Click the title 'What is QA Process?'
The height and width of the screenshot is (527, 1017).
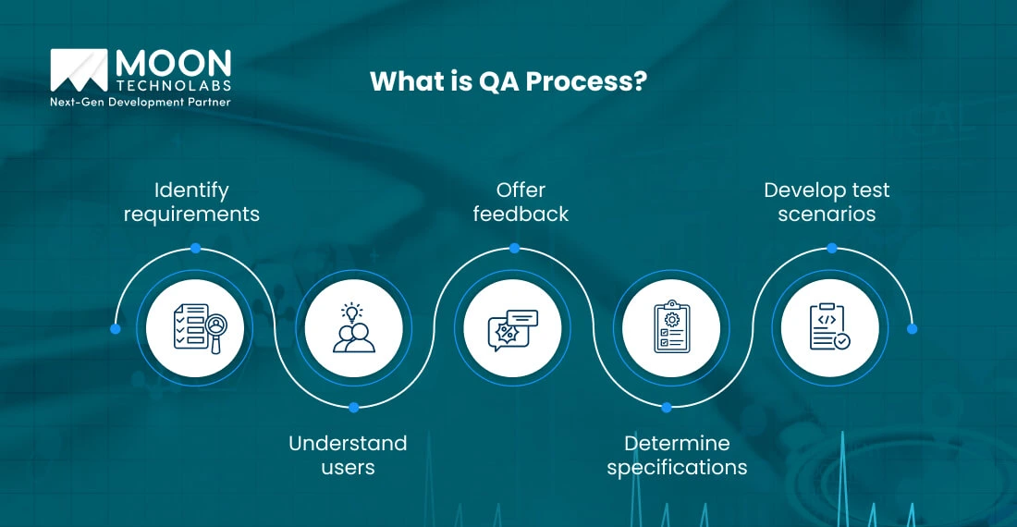(x=508, y=80)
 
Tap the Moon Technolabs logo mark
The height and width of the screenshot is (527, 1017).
(x=79, y=72)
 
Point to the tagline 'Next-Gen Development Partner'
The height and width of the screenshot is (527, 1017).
(x=140, y=102)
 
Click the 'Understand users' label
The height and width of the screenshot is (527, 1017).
(x=348, y=455)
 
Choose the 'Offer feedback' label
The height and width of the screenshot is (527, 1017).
(x=521, y=202)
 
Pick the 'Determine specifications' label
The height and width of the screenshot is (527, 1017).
(x=677, y=455)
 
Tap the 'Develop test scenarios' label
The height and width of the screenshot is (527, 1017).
(x=827, y=202)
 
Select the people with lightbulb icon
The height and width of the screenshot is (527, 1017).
(x=354, y=328)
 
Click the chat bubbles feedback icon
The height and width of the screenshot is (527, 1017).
(x=512, y=328)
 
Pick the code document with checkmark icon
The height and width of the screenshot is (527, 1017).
(x=829, y=328)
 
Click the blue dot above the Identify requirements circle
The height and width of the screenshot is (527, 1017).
(x=195, y=248)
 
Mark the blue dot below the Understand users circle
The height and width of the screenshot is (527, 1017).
(x=354, y=407)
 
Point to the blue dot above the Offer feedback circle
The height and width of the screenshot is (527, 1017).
(x=514, y=248)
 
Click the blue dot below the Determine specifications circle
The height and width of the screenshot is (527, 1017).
(x=668, y=407)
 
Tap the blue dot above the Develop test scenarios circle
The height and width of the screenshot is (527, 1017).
(x=831, y=248)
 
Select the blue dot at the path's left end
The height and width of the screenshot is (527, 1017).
(x=115, y=328)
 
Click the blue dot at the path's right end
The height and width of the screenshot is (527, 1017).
(x=912, y=328)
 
